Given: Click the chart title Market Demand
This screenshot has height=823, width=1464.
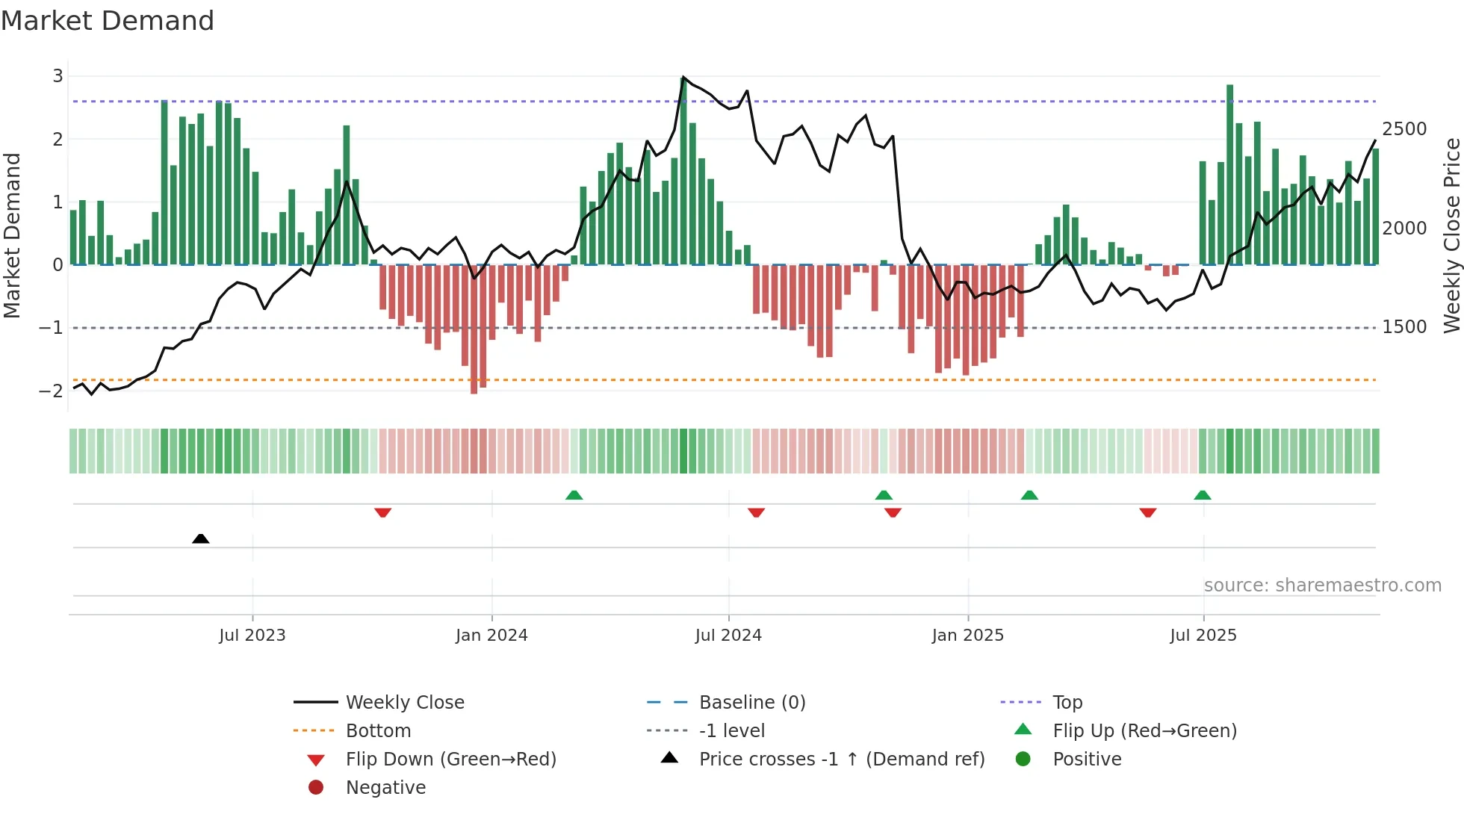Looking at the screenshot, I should (x=108, y=21).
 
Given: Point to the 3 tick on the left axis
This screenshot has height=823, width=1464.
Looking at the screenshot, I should (x=58, y=76).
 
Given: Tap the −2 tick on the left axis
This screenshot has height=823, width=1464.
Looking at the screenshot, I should (x=51, y=391).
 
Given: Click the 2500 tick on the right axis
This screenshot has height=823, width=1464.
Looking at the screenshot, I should (x=1404, y=129).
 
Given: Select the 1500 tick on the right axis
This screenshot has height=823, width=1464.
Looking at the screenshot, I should (x=1404, y=327).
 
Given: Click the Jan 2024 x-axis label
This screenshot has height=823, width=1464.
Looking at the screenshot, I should (x=491, y=636).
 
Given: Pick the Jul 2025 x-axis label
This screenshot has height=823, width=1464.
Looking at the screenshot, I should (x=1203, y=636).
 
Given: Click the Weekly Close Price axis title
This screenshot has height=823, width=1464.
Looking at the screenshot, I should (x=1451, y=235).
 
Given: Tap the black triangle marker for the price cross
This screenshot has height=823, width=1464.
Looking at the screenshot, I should (x=200, y=538).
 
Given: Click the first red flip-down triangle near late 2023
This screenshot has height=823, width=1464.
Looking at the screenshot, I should (x=382, y=512).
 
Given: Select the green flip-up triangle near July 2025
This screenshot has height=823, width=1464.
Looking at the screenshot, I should (x=1202, y=495).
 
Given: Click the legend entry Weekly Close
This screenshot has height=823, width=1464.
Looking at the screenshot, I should (x=404, y=703).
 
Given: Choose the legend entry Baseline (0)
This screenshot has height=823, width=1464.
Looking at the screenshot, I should (x=751, y=703).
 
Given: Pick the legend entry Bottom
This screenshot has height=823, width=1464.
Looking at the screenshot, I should (x=378, y=731).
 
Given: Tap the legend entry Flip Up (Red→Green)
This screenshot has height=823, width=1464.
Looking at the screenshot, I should (x=1144, y=731).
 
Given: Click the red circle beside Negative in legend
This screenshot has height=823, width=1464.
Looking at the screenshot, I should (x=316, y=788).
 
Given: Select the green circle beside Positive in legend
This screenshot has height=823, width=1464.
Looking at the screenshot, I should (x=1023, y=760).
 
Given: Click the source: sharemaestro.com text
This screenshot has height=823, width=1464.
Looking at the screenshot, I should (x=1322, y=586).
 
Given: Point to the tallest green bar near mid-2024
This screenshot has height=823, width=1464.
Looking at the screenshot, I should (x=683, y=172).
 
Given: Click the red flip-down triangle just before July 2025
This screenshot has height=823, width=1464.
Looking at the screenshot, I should (x=1148, y=512).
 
